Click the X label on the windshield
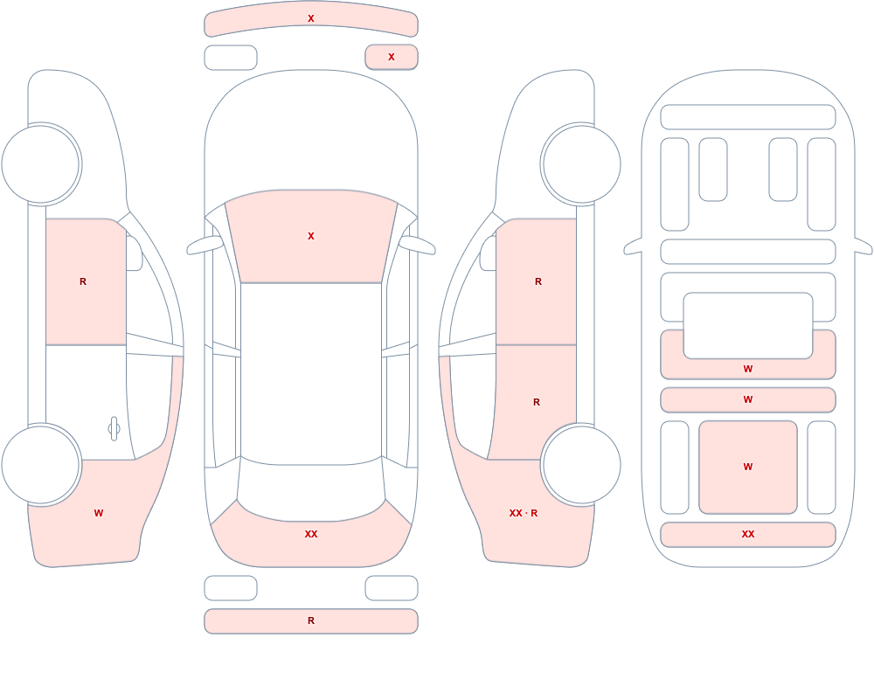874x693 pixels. click(311, 236)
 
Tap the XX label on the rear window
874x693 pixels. click(311, 534)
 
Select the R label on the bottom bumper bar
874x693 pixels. click(311, 620)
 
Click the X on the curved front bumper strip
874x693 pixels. click(311, 18)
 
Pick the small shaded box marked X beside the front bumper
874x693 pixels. click(392, 57)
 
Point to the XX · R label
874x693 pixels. click(524, 513)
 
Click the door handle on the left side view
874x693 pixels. click(114, 429)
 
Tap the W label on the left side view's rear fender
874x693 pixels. click(99, 513)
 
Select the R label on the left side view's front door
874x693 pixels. click(83, 281)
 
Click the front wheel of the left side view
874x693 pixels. click(41, 164)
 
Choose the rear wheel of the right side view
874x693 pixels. click(581, 465)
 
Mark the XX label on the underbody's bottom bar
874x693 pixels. click(748, 534)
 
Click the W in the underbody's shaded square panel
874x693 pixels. click(748, 467)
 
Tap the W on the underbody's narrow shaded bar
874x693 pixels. click(748, 399)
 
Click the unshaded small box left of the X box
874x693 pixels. click(231, 58)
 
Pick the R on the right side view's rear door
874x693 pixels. click(537, 402)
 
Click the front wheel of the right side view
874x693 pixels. click(581, 164)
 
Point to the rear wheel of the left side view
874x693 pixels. click(41, 465)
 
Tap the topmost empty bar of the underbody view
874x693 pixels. click(748, 117)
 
